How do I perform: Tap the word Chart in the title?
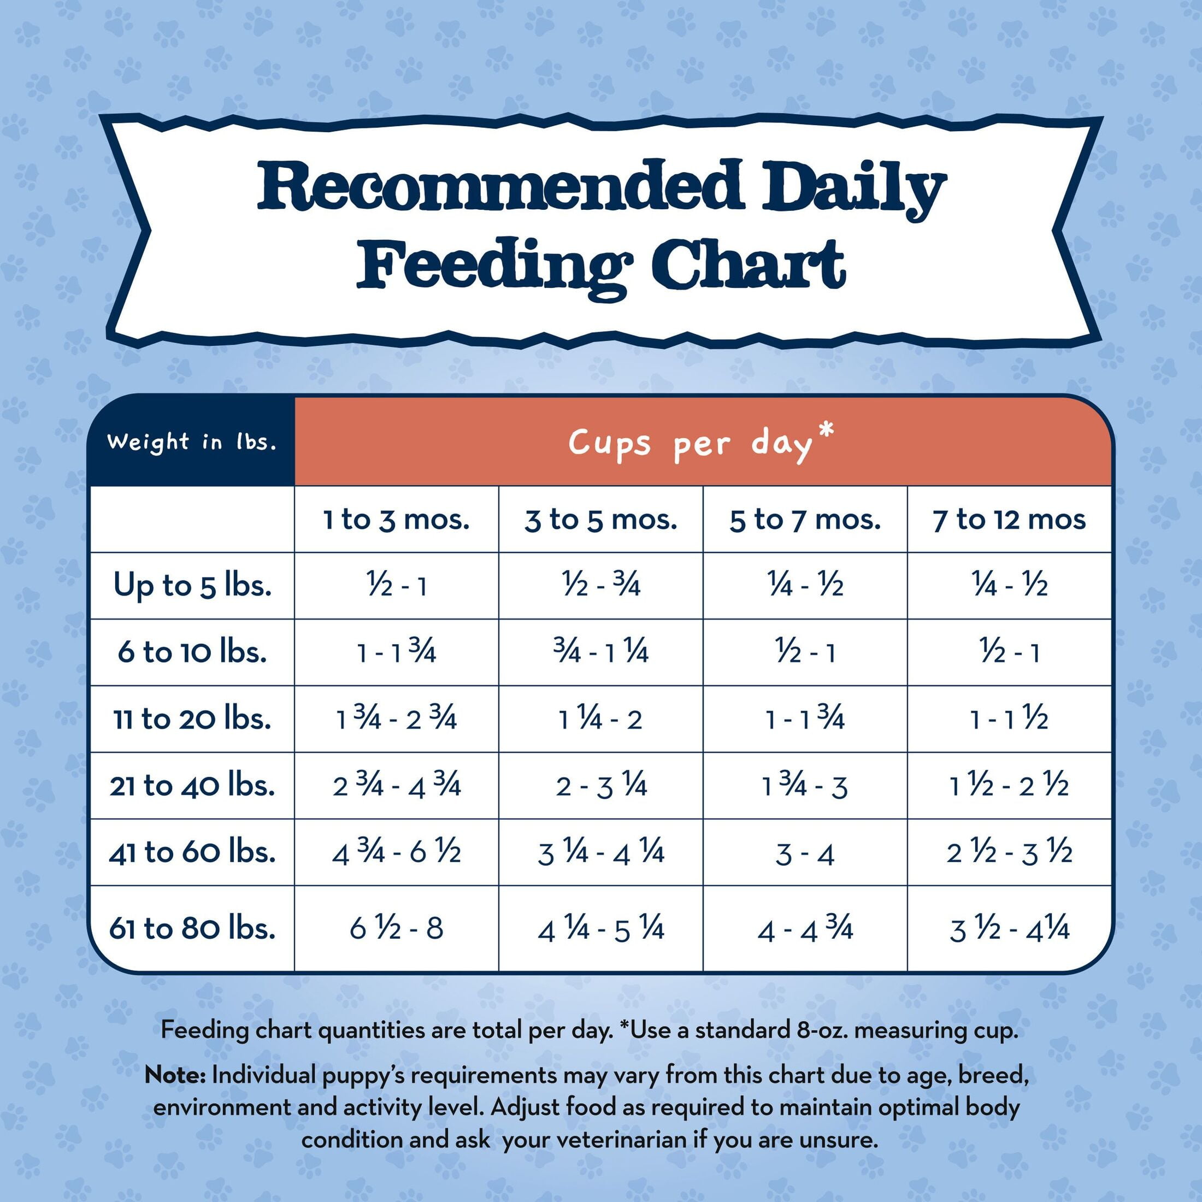[748, 265]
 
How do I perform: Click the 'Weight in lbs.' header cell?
[192, 441]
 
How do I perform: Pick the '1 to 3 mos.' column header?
[396, 520]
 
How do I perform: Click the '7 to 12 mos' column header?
[1009, 520]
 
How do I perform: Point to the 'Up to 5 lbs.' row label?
[192, 586]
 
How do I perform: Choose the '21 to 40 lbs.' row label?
[192, 786]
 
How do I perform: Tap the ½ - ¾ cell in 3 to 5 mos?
[600, 586]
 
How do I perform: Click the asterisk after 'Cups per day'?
[826, 432]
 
